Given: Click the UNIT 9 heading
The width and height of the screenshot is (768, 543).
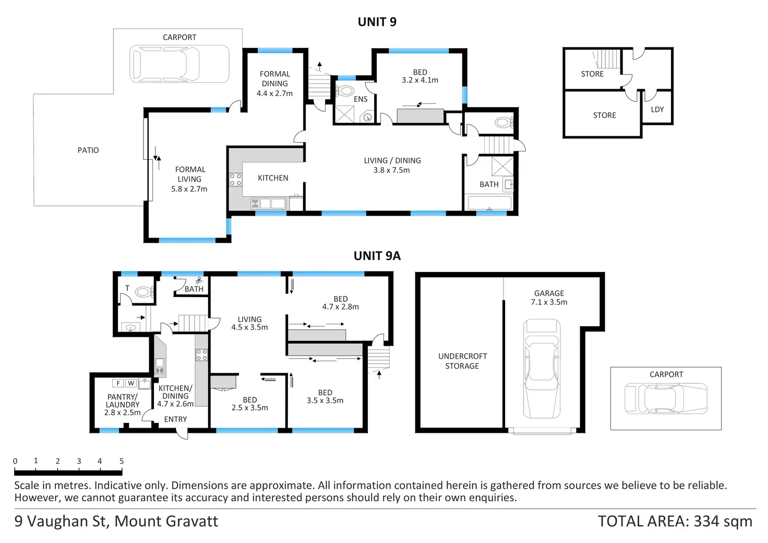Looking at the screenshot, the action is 377,22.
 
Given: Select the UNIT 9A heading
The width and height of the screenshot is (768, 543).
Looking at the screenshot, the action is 377,256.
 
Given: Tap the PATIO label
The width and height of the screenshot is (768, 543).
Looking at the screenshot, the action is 88,150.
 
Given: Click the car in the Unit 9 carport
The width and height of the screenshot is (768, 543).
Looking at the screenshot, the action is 179,64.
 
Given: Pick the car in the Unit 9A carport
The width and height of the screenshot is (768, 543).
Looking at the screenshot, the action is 666,399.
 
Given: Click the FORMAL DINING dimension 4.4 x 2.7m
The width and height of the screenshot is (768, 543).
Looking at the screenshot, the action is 274,93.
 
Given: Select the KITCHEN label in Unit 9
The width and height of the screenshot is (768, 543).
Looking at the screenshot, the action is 273,178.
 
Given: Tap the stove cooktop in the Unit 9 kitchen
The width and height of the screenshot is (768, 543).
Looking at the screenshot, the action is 235,180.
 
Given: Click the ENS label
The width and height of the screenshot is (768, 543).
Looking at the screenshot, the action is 361,99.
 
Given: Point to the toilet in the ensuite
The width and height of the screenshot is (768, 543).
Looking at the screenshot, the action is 345,91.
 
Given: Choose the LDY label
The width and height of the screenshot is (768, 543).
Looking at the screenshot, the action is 657,110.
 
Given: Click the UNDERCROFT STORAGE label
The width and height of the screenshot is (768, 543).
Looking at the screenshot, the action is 462,361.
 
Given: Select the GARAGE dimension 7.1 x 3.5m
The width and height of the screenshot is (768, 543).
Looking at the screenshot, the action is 549,302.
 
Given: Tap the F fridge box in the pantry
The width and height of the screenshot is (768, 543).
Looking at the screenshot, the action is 118,383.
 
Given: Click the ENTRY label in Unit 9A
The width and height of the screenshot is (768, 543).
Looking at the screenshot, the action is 175,419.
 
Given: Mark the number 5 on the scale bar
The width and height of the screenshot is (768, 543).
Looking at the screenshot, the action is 122,461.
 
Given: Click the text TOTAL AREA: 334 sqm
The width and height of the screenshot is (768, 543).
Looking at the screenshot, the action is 675,521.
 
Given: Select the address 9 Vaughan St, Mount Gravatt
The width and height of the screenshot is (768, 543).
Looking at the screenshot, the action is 116,521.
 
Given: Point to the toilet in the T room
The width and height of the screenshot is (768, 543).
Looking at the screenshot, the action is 143,292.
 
